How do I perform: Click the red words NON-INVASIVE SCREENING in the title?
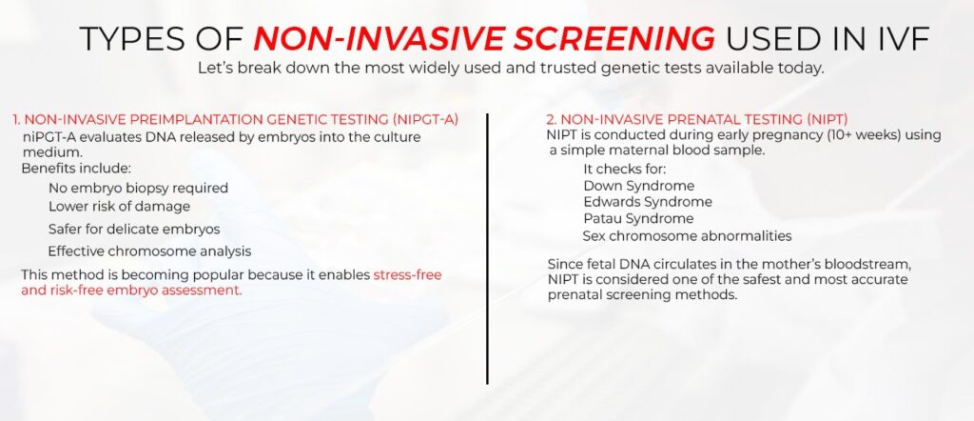pos(484,38)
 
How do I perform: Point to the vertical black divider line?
pos(487,248)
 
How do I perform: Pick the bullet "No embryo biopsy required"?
pos(138,188)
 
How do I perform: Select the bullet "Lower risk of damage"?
pos(119,206)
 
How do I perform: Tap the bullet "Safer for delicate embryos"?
pos(134,229)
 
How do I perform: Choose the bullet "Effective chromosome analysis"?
pos(149,251)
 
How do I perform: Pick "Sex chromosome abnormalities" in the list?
pos(687,236)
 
